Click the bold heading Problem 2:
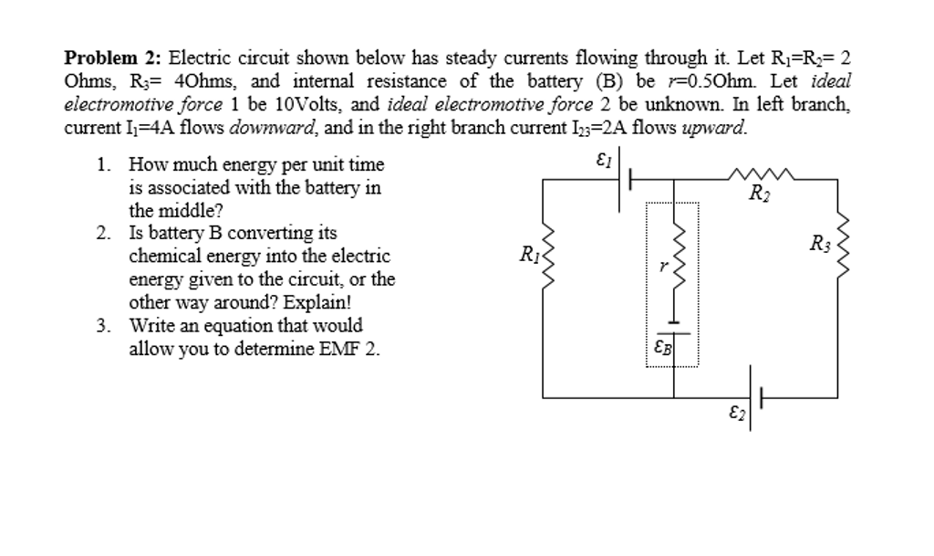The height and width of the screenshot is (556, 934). click(112, 59)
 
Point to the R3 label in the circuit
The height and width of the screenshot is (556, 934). click(819, 243)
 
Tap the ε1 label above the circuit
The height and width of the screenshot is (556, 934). click(602, 161)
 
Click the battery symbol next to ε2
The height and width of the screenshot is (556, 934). click(753, 398)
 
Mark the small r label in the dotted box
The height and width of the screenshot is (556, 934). click(664, 267)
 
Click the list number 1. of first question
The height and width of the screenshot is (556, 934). click(103, 165)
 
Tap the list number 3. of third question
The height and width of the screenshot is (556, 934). click(103, 326)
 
